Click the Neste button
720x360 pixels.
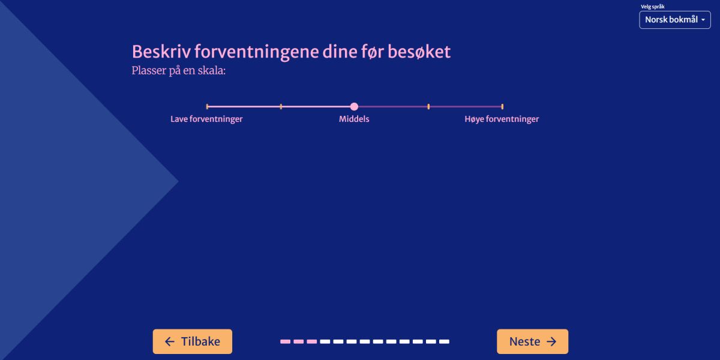click(x=532, y=341)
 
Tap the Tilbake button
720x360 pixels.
click(x=192, y=341)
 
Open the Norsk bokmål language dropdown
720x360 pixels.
click(x=674, y=20)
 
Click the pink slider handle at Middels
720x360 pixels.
click(x=354, y=106)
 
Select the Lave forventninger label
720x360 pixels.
click(x=206, y=119)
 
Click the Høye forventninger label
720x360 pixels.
click(x=502, y=119)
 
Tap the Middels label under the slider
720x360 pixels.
click(x=354, y=119)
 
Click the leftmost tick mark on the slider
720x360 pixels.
click(x=207, y=106)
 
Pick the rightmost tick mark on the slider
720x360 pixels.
click(x=502, y=106)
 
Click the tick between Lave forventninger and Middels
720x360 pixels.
click(x=281, y=106)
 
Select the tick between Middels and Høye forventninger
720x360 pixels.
click(x=428, y=106)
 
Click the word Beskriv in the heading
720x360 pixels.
click(x=161, y=52)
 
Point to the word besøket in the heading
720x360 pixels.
click(x=419, y=52)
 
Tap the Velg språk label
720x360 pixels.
click(x=653, y=7)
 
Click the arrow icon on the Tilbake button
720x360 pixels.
click(x=170, y=341)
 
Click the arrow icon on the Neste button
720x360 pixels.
click(x=551, y=341)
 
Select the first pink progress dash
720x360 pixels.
click(x=285, y=341)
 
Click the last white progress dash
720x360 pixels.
click(x=444, y=341)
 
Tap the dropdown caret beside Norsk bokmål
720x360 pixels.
click(x=703, y=20)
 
